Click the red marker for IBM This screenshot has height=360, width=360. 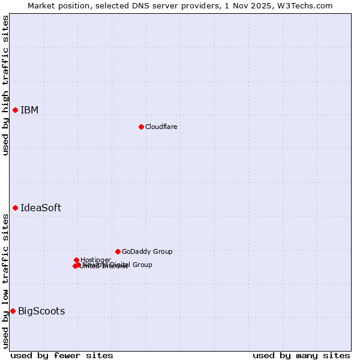click(15, 110)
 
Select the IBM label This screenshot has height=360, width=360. click(29, 110)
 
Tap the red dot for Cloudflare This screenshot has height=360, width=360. click(141, 127)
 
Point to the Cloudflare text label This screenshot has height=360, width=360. click(161, 127)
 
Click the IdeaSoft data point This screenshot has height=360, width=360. click(15, 208)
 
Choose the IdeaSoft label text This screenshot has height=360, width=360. click(41, 208)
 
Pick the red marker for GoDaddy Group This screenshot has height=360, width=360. click(118, 251)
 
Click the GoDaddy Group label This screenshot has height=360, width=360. click(147, 251)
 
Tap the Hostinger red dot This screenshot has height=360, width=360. click(76, 260)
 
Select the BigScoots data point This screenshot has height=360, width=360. click(13, 311)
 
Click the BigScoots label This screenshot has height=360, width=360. click(41, 311)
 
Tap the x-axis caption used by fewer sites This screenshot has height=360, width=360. click(62, 355)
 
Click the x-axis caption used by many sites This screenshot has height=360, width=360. click(301, 355)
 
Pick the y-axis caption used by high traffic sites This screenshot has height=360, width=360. click(5, 85)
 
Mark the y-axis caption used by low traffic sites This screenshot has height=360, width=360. click(5, 280)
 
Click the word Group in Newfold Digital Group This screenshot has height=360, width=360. click(142, 265)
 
